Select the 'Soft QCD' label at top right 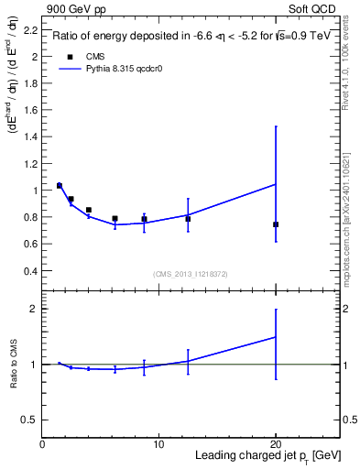pyautogui.click(x=312, y=8)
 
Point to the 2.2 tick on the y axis pyautogui.click(x=31, y=30)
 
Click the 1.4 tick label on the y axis pyautogui.click(x=31, y=137)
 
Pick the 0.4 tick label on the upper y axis pyautogui.click(x=31, y=272)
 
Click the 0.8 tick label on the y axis pyautogui.click(x=31, y=218)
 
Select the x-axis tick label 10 pyautogui.click(x=158, y=445)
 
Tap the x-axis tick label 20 pyautogui.click(x=276, y=445)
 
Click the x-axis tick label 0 pyautogui.click(x=43, y=445)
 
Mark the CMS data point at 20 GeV pyautogui.click(x=276, y=224)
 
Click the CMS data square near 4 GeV pyautogui.click(x=89, y=210)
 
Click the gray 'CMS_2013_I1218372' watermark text pyautogui.click(x=191, y=274)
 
